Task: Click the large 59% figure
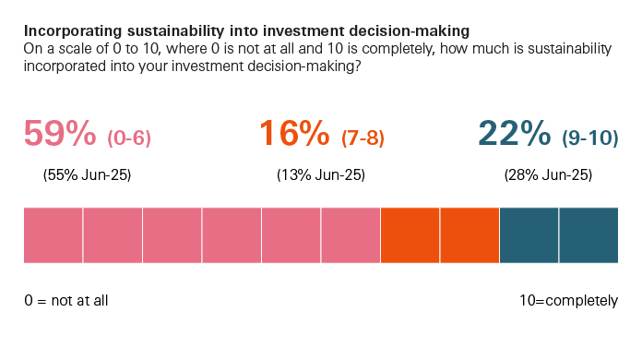(x=60, y=135)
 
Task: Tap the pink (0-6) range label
(x=129, y=138)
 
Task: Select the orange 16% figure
(x=294, y=135)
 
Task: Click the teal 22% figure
(x=515, y=135)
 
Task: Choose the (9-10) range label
(x=590, y=138)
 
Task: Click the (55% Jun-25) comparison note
(x=88, y=175)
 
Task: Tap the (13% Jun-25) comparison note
(x=321, y=175)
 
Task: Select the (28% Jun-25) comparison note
(x=548, y=175)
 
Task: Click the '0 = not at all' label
(x=66, y=301)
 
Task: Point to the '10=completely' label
(x=569, y=301)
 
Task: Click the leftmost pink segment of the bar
(x=53, y=235)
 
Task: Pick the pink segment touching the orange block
(x=351, y=235)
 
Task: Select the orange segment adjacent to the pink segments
(x=410, y=235)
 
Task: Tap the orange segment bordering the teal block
(x=470, y=235)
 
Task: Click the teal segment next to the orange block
(x=529, y=235)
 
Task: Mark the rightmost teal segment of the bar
(x=588, y=235)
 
